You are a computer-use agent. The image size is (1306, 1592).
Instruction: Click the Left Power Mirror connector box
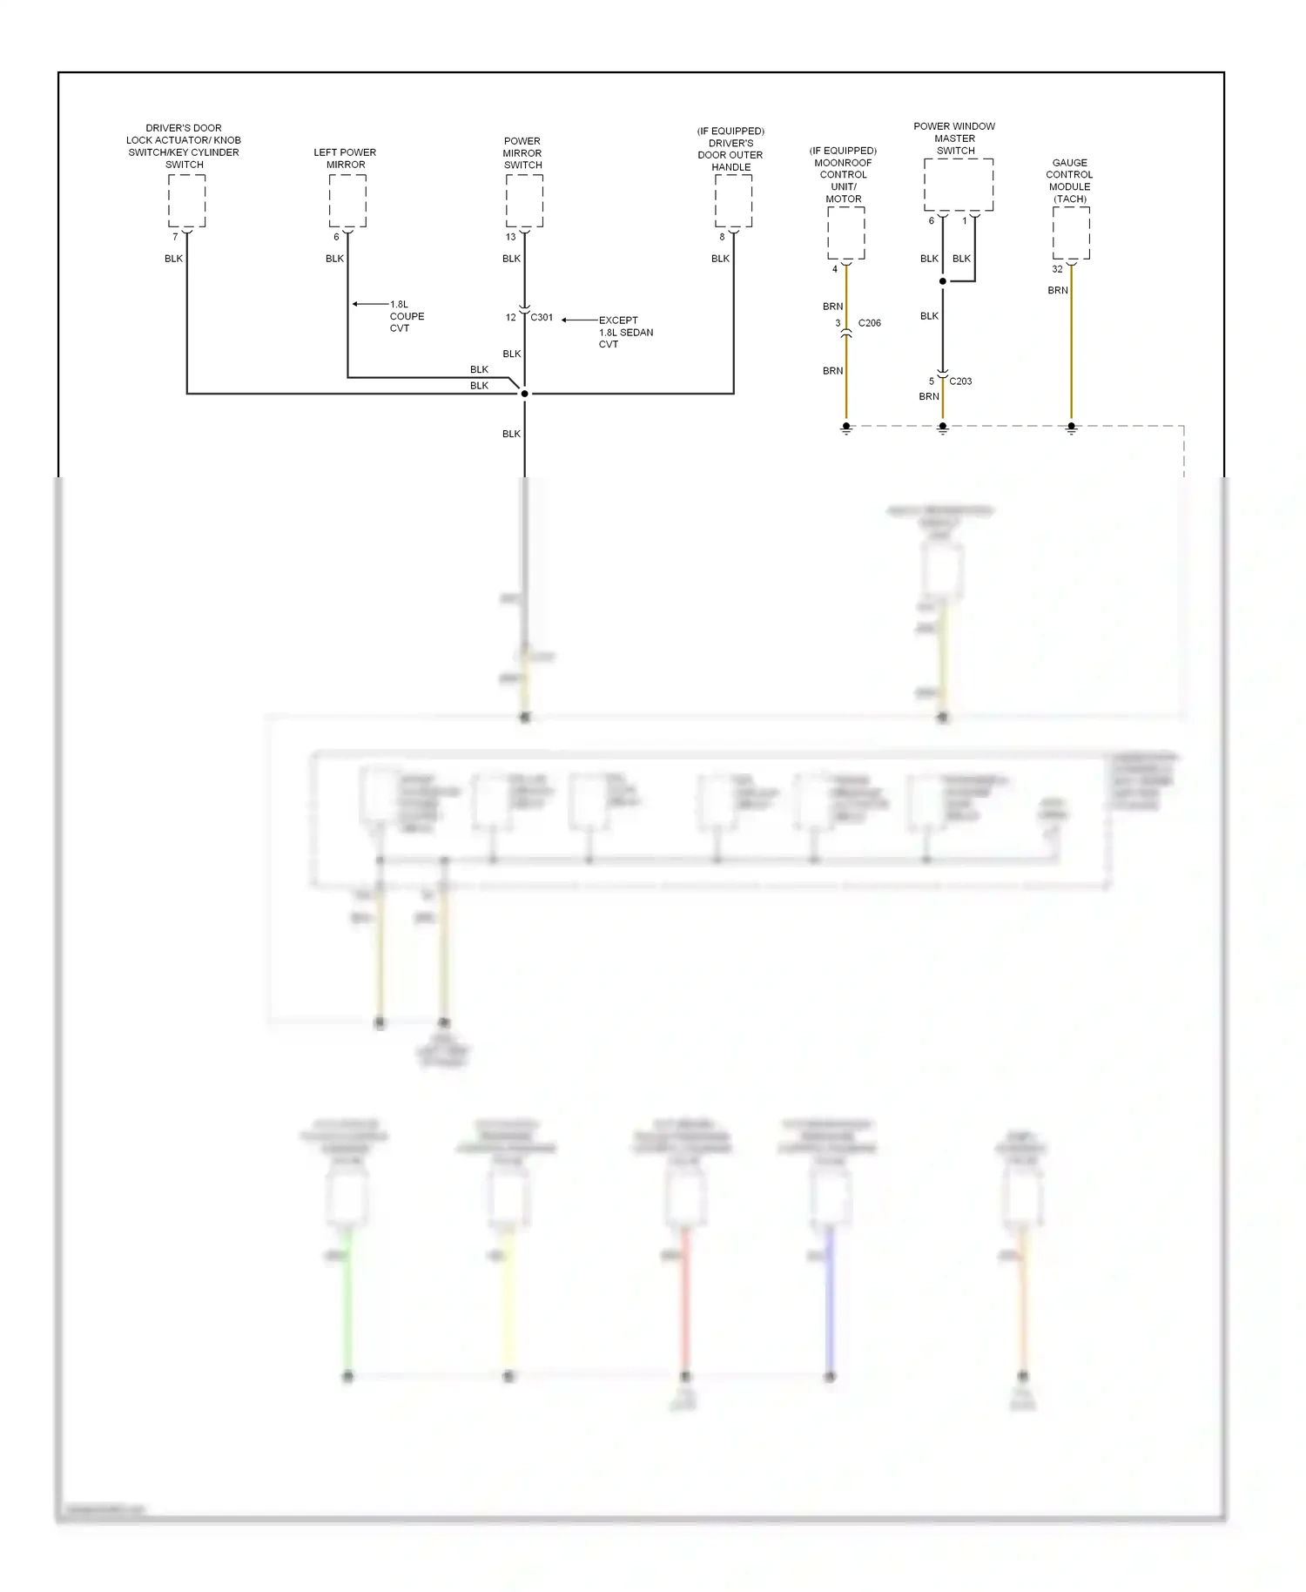(347, 201)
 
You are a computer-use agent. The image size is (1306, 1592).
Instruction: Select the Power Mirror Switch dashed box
(524, 201)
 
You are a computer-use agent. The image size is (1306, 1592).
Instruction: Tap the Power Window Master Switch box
(959, 185)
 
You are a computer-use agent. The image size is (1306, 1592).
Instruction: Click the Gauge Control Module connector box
(1071, 233)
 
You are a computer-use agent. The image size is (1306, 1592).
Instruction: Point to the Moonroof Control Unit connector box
(845, 233)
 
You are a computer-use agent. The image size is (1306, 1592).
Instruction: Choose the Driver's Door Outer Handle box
(733, 201)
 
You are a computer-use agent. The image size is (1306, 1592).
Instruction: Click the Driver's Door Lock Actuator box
(186, 201)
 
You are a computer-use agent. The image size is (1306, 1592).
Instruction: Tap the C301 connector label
(542, 318)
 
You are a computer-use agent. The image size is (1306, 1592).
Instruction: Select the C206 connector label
(869, 323)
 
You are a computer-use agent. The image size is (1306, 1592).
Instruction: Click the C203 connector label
(960, 381)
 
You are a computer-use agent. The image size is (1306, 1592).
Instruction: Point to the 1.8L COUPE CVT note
(406, 316)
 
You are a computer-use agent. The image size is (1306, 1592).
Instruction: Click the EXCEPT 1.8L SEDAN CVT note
(625, 333)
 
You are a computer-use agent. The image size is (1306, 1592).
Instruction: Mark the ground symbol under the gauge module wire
(1071, 428)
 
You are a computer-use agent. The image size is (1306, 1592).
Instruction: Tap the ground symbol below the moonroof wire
(845, 428)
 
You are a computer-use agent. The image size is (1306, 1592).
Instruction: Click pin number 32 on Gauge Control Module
(1057, 269)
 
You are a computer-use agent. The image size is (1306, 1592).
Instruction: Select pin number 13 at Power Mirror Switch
(510, 237)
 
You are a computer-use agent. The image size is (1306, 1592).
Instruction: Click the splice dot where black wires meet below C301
(524, 394)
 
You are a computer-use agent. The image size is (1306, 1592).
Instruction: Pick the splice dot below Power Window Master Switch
(942, 281)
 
